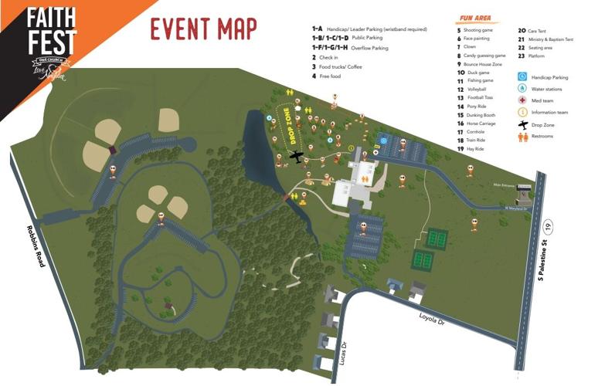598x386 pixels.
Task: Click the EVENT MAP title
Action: [203, 29]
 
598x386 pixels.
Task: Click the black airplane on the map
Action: [296, 157]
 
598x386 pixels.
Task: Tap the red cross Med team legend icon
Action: [523, 100]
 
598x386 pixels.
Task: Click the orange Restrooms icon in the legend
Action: [523, 136]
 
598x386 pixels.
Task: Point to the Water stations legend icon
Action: [523, 89]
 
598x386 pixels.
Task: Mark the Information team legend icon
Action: [523, 112]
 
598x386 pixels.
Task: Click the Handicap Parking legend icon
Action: [523, 77]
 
